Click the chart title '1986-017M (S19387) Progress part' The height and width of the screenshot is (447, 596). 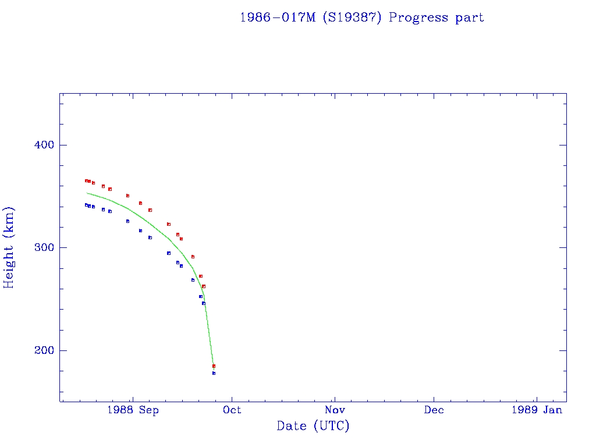[361, 17]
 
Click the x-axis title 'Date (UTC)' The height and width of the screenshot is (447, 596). [313, 426]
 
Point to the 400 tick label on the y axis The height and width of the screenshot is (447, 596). [41, 145]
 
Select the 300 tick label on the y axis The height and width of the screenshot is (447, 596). [41, 247]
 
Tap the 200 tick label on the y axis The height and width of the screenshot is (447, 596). [41, 350]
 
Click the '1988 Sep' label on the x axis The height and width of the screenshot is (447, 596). [133, 410]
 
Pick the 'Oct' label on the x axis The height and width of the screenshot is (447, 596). [232, 410]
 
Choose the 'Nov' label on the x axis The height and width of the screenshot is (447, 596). [334, 410]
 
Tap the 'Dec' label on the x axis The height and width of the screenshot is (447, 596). [434, 410]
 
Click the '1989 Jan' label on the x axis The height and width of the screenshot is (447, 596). [536, 410]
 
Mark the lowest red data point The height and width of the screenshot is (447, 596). [214, 366]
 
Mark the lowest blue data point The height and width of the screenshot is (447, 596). [214, 373]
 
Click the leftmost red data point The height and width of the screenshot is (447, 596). [86, 181]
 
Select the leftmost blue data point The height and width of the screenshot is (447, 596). [86, 205]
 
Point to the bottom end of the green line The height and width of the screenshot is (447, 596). [214, 365]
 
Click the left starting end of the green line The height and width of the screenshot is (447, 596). [86, 193]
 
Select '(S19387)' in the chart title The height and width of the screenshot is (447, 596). [351, 17]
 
